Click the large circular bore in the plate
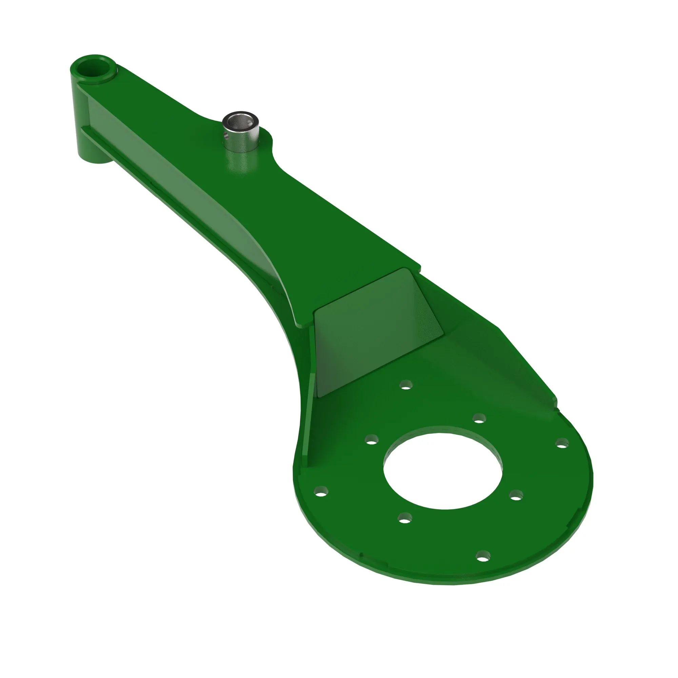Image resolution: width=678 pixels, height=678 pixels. coord(443,470)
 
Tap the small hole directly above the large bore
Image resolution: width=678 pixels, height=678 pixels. coord(479,418)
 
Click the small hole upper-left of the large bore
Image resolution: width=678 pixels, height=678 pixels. coord(372,439)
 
